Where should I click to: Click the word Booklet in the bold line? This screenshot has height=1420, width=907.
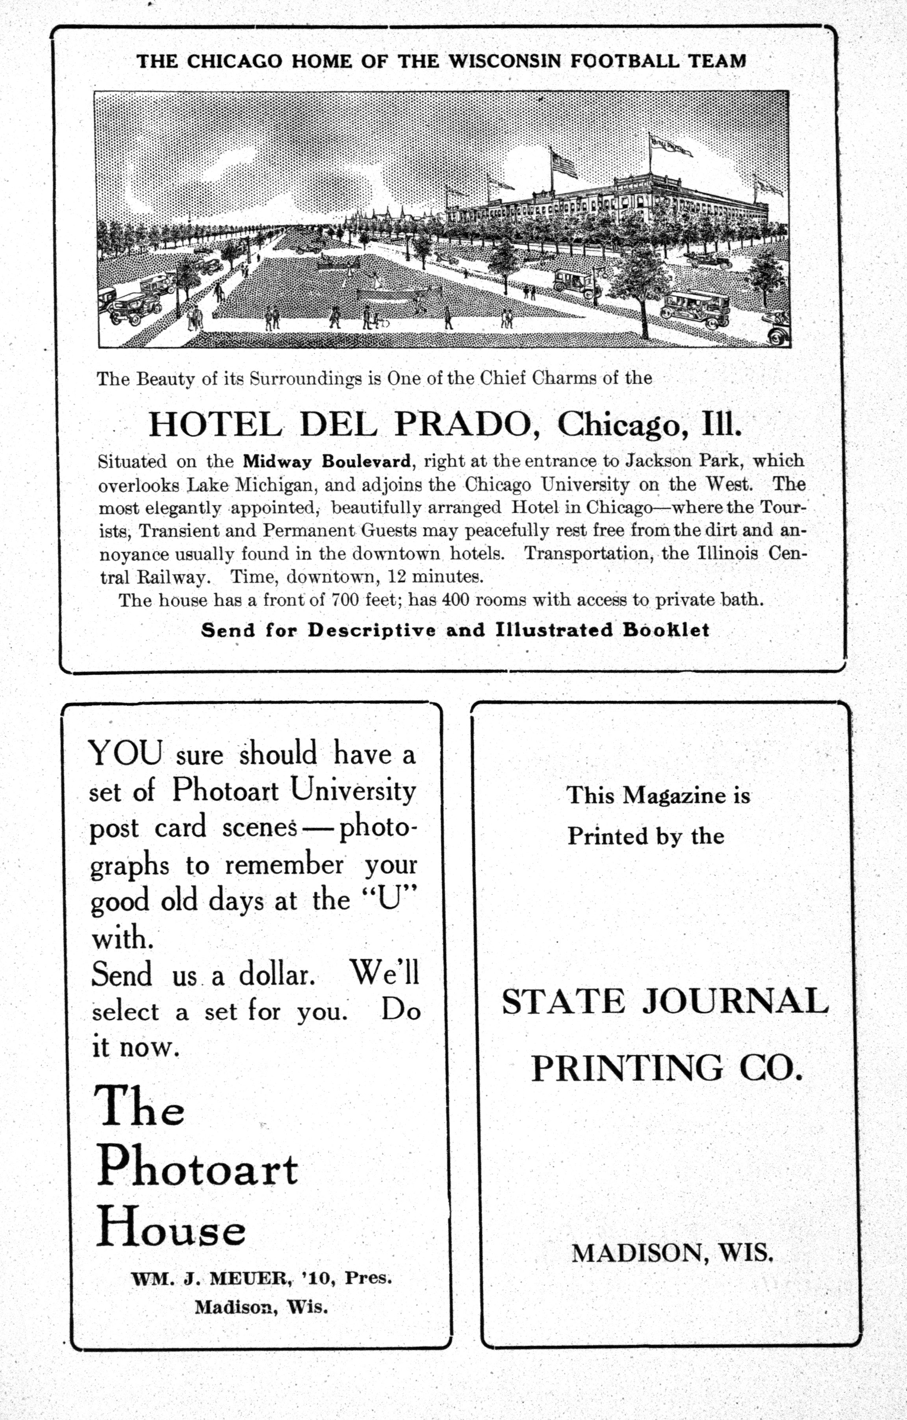(x=666, y=630)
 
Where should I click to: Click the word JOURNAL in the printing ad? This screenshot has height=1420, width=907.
(x=735, y=1001)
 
